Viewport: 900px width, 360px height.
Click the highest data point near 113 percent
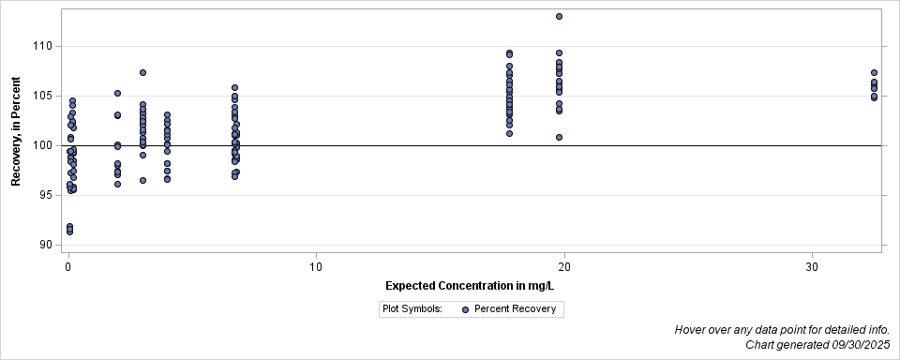[559, 16]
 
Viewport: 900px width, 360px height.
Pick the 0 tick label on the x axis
[68, 266]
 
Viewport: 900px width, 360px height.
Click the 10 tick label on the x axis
[316, 266]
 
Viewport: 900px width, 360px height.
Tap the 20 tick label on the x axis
[564, 266]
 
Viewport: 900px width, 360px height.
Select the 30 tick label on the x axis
[812, 266]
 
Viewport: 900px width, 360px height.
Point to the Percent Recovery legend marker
[465, 308]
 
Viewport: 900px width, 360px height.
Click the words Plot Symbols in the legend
[412, 308]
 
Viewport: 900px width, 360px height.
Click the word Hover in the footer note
[692, 330]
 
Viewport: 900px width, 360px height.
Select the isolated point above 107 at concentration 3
[142, 72]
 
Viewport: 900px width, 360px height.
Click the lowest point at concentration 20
[559, 137]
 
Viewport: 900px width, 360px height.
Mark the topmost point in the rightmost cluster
[874, 72]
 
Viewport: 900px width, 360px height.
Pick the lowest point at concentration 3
[142, 180]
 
